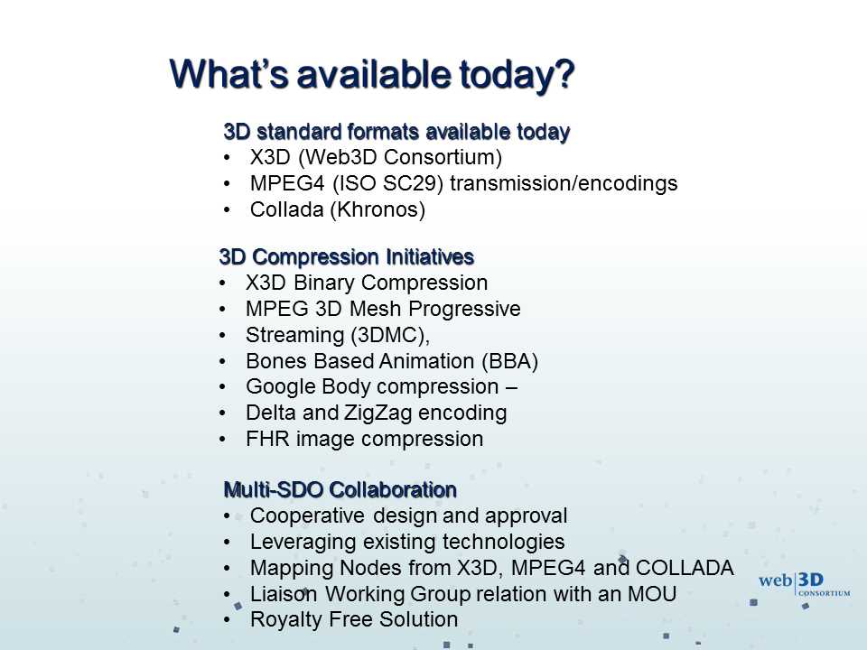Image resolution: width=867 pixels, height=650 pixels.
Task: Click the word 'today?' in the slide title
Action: point(517,74)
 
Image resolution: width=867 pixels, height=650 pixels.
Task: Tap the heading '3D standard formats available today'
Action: point(396,132)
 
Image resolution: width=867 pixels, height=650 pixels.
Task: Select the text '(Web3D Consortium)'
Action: point(400,157)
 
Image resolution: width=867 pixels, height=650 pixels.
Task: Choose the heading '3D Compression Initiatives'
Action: point(347,257)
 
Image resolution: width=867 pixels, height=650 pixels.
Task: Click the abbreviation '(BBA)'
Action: point(509,361)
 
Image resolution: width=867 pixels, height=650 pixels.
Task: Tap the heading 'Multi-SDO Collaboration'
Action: point(340,489)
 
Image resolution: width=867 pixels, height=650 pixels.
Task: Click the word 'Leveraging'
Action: point(303,542)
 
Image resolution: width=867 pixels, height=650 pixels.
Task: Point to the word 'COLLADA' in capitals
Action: point(685,568)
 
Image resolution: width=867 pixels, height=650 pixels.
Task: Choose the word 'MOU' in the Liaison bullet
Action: point(652,594)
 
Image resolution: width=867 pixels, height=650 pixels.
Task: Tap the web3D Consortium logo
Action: point(804,585)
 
